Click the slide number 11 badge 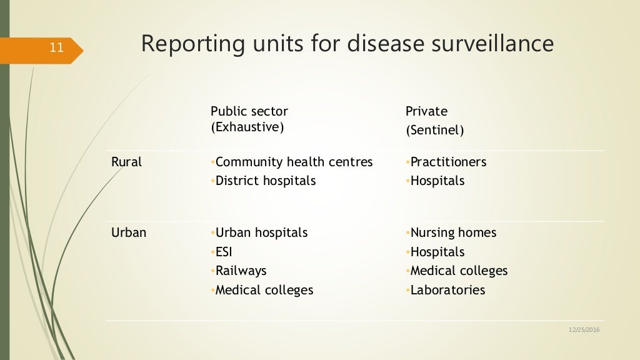pos(56,47)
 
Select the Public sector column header pos(249,111)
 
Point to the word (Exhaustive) pos(247,127)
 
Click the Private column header pos(426,111)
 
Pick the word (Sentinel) pos(434,131)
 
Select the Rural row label pos(126,162)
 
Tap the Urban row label pos(129,232)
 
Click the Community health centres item pos(294,162)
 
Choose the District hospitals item pos(266,181)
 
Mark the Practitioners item pos(448,162)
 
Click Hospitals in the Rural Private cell pos(437,181)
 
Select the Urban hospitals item pos(261,232)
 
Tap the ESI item pos(224,252)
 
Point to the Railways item pos(241,271)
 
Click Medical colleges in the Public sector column pos(264,290)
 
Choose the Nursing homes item pos(453,232)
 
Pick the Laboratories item pos(447,290)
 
